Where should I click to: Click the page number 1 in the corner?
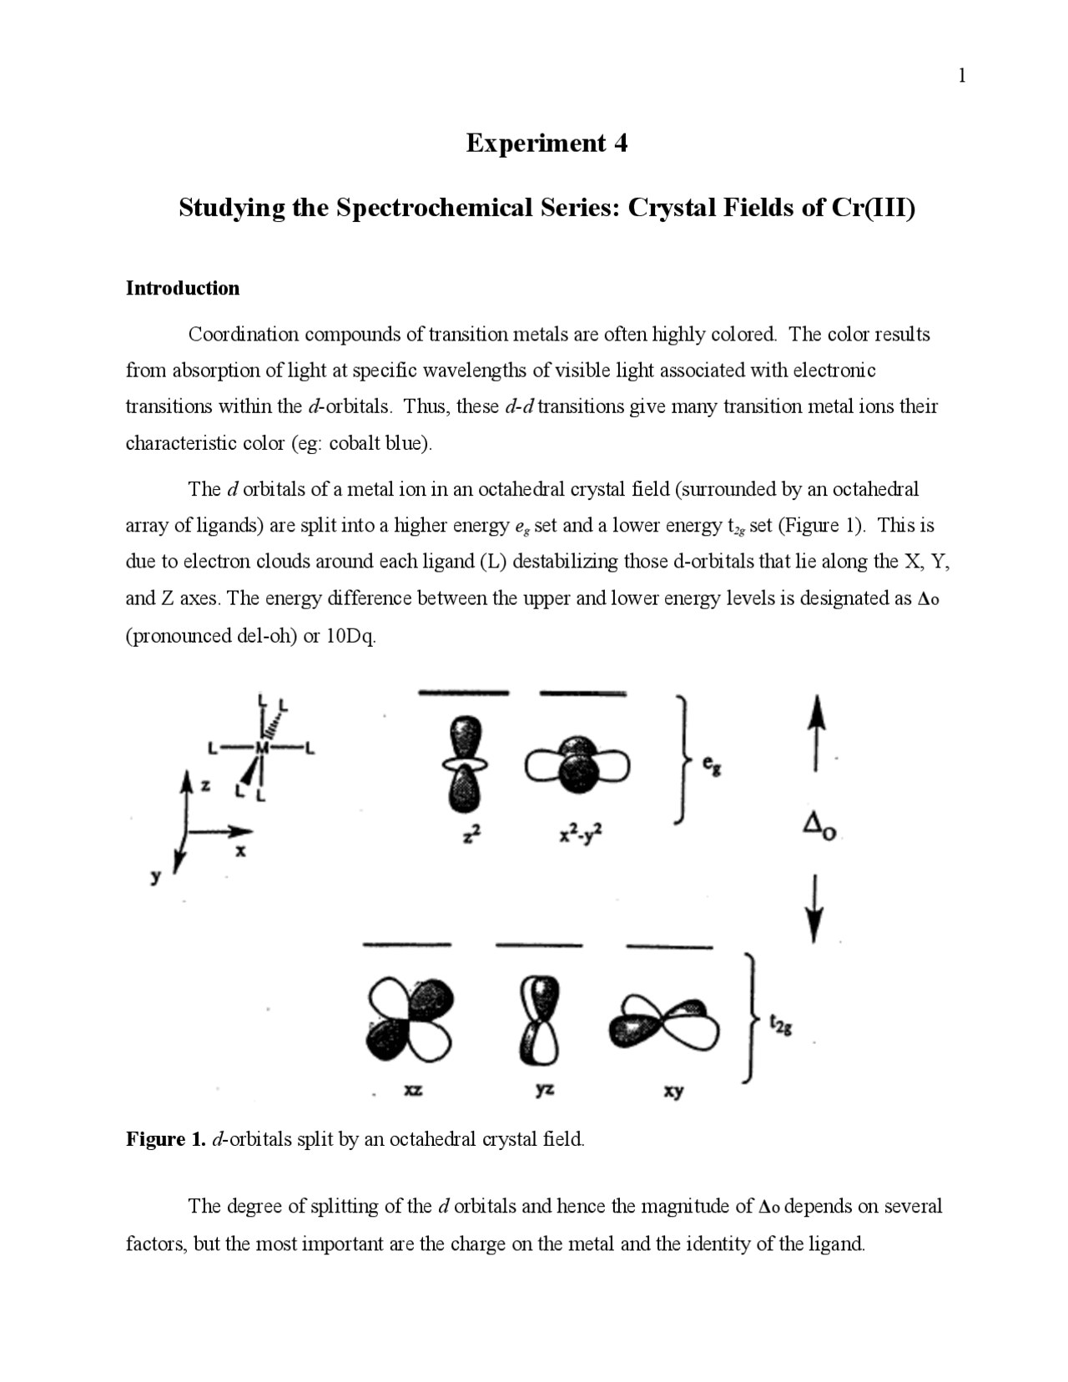[x=962, y=77]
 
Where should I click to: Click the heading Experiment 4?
[x=547, y=144]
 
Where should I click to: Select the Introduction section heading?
[x=182, y=289]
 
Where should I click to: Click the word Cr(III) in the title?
[x=874, y=208]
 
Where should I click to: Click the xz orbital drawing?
[x=411, y=1020]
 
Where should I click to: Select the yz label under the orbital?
[x=544, y=1090]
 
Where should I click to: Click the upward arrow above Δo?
[x=819, y=730]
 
